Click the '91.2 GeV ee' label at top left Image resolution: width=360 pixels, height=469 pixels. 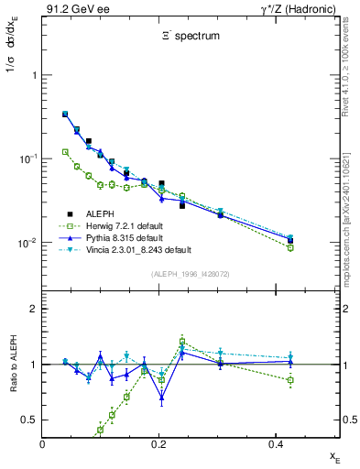(71, 9)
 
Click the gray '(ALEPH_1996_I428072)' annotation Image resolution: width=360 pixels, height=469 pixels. (191, 274)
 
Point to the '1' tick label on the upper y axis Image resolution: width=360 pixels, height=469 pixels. (34, 75)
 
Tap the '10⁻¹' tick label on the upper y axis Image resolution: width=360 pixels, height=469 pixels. (28, 158)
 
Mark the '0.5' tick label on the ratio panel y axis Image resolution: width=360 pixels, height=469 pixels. (30, 420)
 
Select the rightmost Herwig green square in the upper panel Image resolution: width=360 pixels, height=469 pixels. (290, 247)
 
